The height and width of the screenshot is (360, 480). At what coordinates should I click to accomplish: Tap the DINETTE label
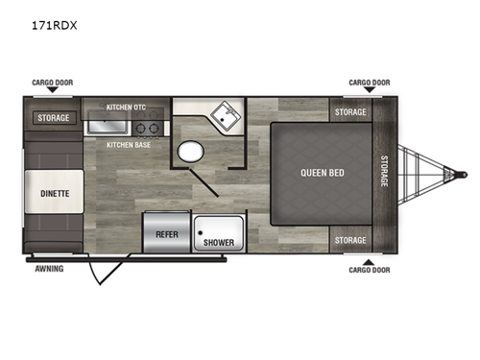(x=55, y=193)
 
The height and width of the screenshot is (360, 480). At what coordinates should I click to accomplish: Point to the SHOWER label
(x=218, y=243)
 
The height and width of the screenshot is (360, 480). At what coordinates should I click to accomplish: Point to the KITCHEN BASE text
(x=127, y=145)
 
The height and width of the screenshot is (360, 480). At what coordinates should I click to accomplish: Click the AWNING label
(x=49, y=269)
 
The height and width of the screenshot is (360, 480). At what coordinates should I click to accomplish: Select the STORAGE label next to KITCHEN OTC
(x=54, y=118)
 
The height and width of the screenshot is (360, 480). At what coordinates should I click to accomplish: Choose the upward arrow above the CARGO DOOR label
(x=370, y=260)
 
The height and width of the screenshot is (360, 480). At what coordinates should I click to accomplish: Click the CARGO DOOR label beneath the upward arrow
(x=370, y=270)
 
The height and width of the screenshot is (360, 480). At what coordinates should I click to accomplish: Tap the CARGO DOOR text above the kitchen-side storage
(x=52, y=83)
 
